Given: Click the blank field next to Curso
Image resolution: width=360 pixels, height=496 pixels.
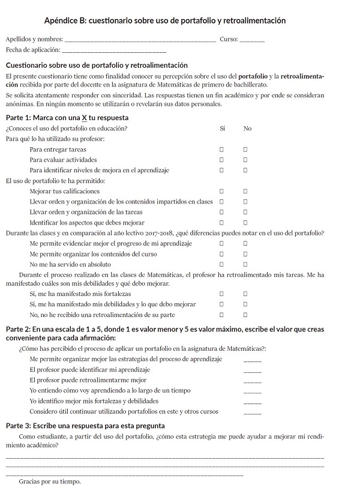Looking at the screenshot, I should (252, 40).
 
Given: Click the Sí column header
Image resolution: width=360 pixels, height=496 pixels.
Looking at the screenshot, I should (223, 128).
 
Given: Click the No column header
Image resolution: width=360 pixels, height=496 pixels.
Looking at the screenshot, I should (248, 128).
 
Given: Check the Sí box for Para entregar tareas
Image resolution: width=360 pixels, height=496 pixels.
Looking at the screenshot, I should (221, 149).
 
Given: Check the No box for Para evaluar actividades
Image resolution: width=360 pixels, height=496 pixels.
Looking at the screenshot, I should (245, 160).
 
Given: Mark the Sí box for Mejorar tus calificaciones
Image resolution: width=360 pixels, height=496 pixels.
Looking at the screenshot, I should (221, 191).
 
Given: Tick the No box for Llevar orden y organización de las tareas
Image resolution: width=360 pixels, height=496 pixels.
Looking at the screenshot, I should (245, 212).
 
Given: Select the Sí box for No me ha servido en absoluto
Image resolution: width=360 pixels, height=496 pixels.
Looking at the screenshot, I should (221, 264).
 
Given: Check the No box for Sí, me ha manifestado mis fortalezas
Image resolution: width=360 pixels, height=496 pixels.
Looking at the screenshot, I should (245, 294).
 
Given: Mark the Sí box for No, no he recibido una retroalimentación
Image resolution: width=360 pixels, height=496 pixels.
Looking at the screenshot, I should (221, 314).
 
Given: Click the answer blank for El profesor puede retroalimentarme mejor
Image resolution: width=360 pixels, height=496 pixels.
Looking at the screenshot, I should (253, 381).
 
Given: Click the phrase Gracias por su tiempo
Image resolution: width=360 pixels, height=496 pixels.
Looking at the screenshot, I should (50, 481).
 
